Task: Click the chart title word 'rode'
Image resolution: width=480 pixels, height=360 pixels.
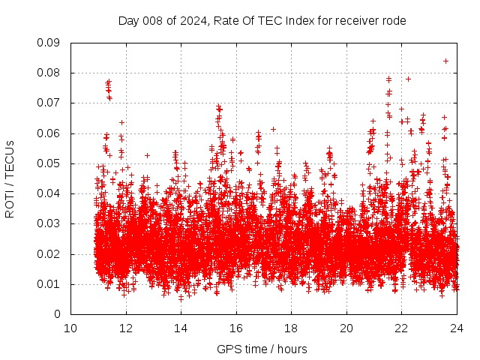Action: point(392,21)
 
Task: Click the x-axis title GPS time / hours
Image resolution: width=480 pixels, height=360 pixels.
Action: point(262,349)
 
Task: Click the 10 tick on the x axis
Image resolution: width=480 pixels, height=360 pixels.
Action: point(70,328)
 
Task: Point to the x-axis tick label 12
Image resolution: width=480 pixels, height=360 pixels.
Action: point(126,328)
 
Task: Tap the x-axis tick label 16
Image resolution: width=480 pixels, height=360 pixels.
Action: point(236,328)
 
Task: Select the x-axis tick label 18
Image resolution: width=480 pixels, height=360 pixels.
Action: point(292,328)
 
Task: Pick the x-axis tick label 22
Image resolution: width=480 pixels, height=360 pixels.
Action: point(402,328)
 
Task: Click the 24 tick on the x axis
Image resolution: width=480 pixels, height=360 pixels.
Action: point(457,328)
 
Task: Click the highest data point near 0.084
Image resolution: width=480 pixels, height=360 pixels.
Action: point(445,61)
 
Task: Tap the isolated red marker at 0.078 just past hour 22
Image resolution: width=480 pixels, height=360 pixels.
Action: point(408,79)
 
